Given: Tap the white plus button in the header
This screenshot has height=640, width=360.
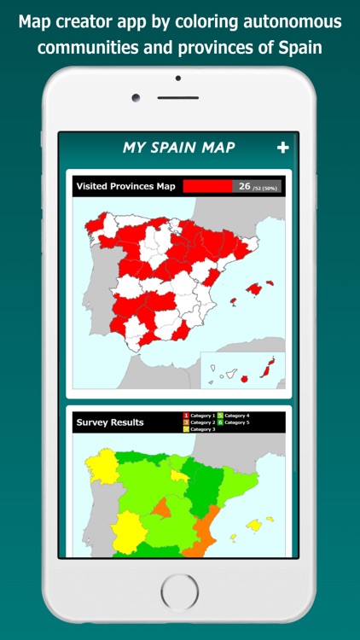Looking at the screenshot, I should (283, 148).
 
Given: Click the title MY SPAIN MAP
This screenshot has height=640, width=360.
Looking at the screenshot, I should (178, 148).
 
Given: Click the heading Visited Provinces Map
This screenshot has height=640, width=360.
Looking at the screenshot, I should (125, 186).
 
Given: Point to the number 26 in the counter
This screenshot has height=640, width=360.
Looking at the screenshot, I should (244, 186).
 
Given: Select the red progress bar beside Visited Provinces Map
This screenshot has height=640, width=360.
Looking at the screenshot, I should (207, 186).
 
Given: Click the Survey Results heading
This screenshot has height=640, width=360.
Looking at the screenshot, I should (110, 422).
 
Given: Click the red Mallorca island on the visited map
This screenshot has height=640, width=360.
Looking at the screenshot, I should (253, 289).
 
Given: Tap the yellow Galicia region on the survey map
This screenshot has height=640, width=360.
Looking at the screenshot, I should (100, 468).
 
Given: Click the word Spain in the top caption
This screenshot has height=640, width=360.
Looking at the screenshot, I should (303, 46).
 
